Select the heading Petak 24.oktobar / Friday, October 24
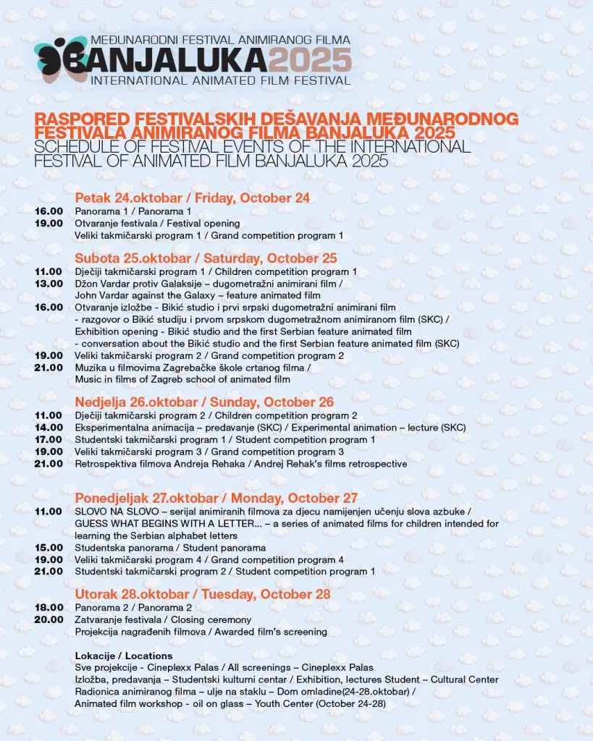192,198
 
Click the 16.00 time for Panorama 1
49,211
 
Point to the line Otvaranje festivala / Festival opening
157,224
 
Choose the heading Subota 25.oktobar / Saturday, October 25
206,258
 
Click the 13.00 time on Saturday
49,283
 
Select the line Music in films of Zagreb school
182,379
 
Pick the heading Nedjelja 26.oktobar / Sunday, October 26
204,402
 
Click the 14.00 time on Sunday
49,428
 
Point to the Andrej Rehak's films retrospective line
241,463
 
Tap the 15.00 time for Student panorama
49,548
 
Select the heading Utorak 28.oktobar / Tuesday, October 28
203,594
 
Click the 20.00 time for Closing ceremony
49,619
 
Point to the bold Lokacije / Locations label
123,656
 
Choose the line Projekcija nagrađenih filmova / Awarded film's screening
201,632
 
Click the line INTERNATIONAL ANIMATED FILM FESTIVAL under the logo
221,80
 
